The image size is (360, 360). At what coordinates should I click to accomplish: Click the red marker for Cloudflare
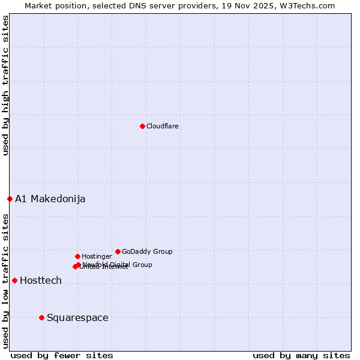(x=142, y=126)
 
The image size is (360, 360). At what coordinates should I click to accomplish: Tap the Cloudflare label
(x=162, y=127)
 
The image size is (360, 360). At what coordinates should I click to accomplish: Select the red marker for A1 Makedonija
(x=10, y=199)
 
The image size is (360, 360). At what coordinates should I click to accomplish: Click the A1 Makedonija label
(x=50, y=199)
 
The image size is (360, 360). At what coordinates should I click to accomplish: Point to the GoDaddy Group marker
(x=118, y=251)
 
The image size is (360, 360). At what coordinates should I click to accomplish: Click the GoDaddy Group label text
(x=147, y=252)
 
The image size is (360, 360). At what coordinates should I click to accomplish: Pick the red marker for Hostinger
(x=77, y=256)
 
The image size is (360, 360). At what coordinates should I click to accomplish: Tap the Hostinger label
(x=97, y=257)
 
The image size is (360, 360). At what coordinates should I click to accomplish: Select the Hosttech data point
(x=14, y=280)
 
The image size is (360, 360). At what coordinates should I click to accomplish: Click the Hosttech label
(x=40, y=281)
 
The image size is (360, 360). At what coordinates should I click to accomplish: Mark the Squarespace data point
(x=41, y=317)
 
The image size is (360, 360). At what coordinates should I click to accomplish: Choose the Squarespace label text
(x=77, y=318)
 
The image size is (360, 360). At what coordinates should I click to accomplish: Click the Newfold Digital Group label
(x=118, y=265)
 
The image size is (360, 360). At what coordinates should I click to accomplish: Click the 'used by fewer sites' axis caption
(x=62, y=356)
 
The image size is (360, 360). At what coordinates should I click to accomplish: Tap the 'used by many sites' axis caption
(x=301, y=356)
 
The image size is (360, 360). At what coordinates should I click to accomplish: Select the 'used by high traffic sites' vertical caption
(x=5, y=85)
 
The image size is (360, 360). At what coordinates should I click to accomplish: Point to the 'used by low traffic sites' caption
(x=5, y=281)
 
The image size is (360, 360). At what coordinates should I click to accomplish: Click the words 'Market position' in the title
(x=52, y=5)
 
